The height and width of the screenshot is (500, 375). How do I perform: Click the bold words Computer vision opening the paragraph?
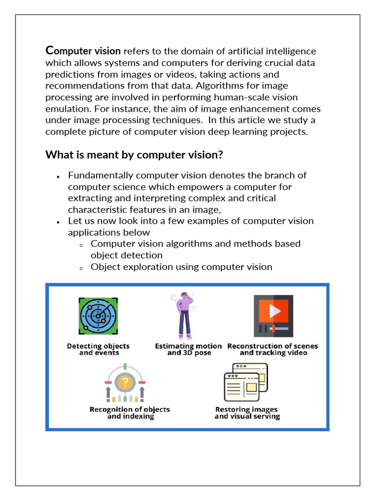pos(83,51)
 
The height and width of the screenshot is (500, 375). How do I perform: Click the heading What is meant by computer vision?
pos(134,155)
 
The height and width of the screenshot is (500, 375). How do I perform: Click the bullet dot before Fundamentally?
pos(58,176)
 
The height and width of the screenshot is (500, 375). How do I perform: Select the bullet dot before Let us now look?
pos(58,222)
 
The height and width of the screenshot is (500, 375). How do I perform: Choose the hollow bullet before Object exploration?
pos(81,268)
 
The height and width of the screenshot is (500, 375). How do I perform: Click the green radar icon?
pos(98,316)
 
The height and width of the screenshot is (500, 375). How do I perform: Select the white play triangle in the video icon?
pos(274,311)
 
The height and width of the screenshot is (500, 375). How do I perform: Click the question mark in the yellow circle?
pos(125,381)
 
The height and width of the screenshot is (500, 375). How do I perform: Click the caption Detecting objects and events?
pos(99,349)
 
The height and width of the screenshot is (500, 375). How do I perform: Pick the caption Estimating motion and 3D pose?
pos(188,349)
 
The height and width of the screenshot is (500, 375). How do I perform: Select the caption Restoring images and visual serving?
pos(247,413)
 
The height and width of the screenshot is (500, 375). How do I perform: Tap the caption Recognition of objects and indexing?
pos(130,413)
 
